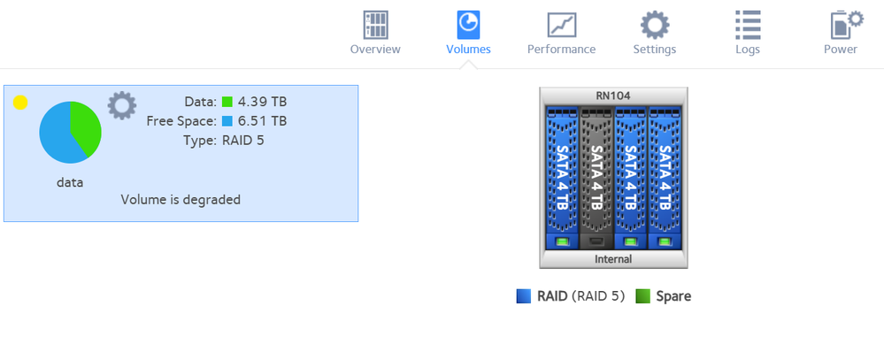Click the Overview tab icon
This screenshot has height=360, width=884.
pos(375,25)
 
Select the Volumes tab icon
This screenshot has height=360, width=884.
pos(468,25)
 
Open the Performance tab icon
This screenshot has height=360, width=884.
pos(561,25)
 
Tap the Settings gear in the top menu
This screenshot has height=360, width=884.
pos(654,25)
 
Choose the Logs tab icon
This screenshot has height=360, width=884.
pos(748,25)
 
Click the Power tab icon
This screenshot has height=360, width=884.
pos(841,25)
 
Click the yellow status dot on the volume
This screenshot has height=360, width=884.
pos(20,103)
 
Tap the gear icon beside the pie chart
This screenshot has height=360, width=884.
pos(121,105)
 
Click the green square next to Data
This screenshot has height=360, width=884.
pos(227,103)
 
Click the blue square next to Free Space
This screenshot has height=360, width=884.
pos(227,121)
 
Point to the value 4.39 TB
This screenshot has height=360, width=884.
pos(262,103)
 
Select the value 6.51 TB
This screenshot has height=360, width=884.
pos(262,121)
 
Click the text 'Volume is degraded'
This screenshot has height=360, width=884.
pos(181,200)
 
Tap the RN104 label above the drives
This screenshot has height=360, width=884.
pos(613,95)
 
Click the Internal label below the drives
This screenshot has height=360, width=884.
pos(613,259)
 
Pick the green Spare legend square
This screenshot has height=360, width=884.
pos(643,296)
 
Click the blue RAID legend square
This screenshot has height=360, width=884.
pos(524,296)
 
